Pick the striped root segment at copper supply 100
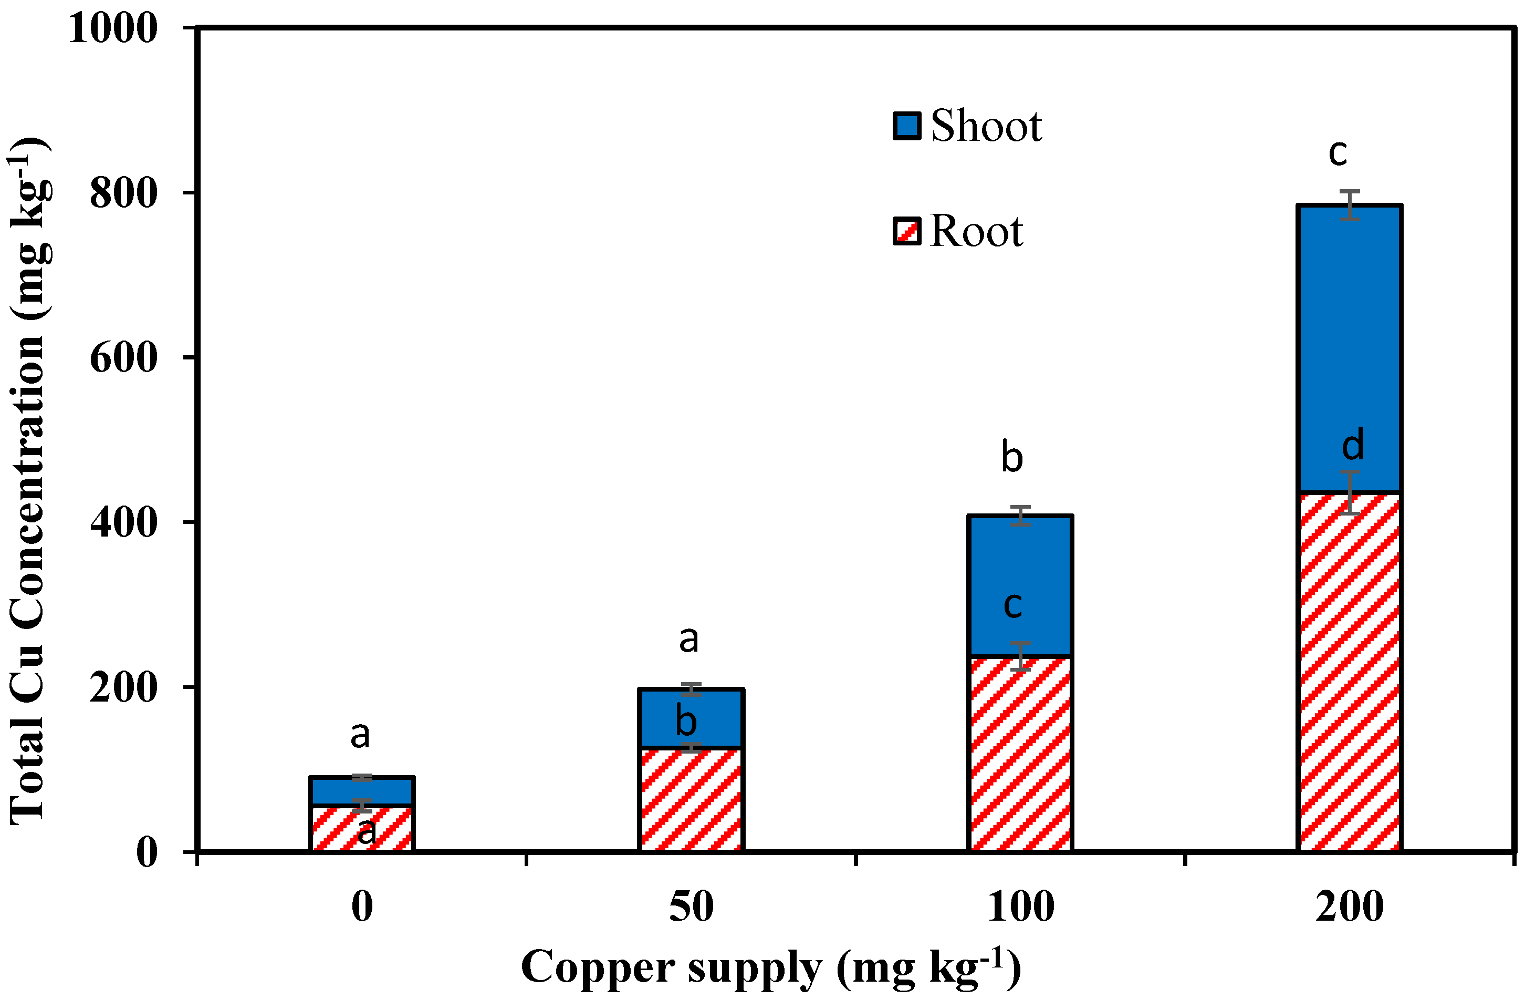click(x=1020, y=757)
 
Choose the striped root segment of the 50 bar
click(x=691, y=801)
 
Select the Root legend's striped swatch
click(x=907, y=231)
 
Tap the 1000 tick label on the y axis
click(x=113, y=28)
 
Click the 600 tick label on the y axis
click(x=123, y=358)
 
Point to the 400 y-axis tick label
click(x=123, y=522)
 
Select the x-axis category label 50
click(x=691, y=908)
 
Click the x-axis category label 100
click(x=1020, y=908)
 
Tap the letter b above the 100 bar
click(x=1012, y=457)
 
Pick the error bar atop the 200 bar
click(x=1350, y=205)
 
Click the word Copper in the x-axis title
click(x=600, y=967)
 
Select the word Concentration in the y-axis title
click(x=29, y=487)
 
